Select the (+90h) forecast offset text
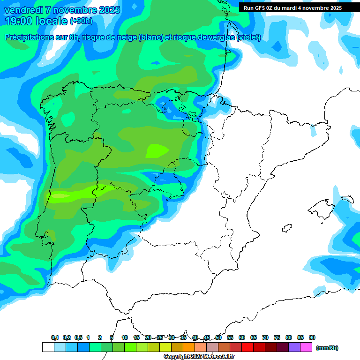tap(81, 21)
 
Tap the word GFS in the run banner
tap(259, 8)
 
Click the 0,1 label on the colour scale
tap(55, 337)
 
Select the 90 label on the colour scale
tap(312, 337)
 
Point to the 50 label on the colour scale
tap(218, 337)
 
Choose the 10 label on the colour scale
tap(125, 337)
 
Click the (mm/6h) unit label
tap(327, 348)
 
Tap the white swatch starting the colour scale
tap(48, 347)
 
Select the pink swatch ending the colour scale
tap(306, 347)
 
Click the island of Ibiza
tap(286, 228)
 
